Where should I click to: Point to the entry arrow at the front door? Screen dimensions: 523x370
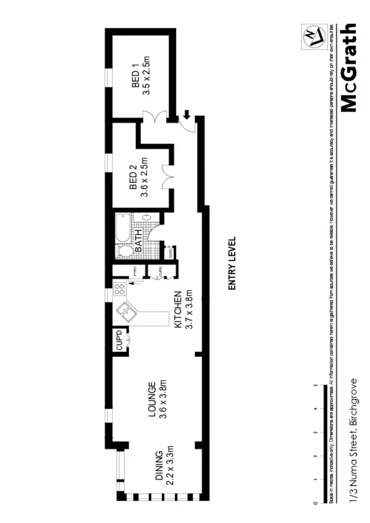(186, 115)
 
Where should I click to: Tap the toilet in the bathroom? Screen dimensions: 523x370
(125, 252)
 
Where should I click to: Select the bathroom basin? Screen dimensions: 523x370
(147, 217)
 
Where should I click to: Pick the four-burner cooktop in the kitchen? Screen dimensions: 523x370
(118, 289)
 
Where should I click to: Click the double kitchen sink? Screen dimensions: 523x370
(123, 312)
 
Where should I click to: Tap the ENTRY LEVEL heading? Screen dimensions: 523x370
(232, 263)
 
